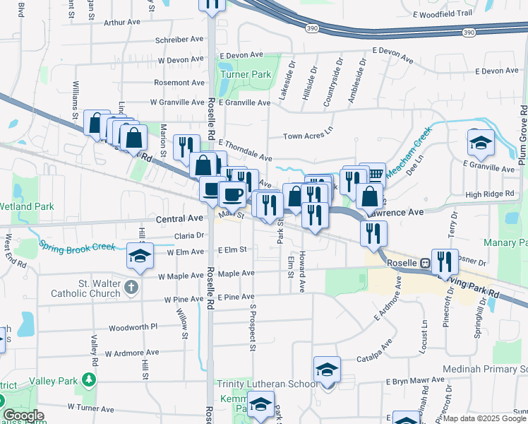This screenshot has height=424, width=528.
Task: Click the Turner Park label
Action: coord(246,74)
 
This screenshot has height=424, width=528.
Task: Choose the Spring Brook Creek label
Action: coord(77,247)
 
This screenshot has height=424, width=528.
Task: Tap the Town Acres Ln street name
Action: coord(307,136)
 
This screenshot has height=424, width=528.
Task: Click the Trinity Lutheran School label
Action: coord(268,384)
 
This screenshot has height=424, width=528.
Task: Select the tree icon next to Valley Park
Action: coord(89,382)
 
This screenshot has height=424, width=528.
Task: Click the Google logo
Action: coord(24,416)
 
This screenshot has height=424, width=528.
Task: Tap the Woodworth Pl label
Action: coord(133,329)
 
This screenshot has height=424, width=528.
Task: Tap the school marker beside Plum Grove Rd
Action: coord(481,142)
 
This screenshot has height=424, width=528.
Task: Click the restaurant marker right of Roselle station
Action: coord(445,261)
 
